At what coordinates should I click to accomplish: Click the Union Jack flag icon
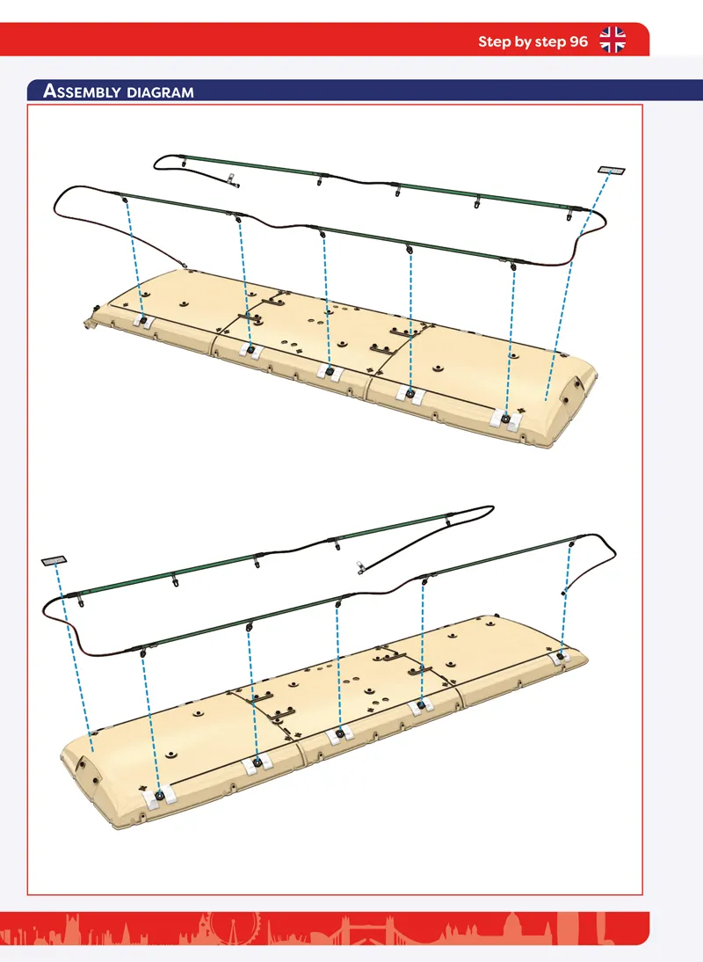(612, 40)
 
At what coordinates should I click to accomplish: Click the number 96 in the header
(578, 41)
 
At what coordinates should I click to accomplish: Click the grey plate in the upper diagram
(611, 170)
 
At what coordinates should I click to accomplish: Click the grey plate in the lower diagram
(54, 560)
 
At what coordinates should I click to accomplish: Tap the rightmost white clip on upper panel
(506, 419)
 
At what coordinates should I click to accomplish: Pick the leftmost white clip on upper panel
(143, 321)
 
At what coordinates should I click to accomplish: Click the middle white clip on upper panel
(330, 372)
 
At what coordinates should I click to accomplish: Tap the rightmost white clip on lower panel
(560, 657)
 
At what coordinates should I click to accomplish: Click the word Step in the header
(494, 41)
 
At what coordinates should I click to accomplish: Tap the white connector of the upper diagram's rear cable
(231, 180)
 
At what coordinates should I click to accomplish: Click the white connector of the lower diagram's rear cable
(360, 567)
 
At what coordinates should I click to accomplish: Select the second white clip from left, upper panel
(250, 351)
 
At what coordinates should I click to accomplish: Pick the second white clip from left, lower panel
(257, 763)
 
